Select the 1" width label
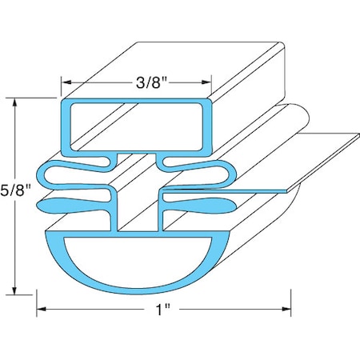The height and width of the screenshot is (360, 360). [165, 309]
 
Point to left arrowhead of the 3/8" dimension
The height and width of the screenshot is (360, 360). [66, 81]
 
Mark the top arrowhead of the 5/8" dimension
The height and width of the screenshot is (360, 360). [16, 102]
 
